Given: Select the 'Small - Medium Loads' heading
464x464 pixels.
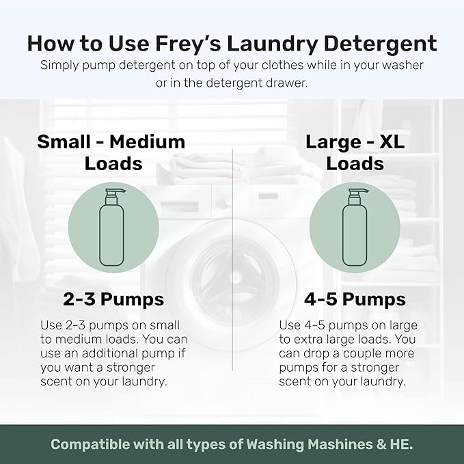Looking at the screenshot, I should click(111, 152).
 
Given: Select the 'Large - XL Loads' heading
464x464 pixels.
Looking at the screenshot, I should click(355, 152).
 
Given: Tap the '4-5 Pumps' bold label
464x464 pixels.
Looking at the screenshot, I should click(355, 299).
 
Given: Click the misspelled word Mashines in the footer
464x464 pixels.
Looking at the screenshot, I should click(318, 443).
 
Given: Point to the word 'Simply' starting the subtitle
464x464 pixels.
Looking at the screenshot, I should click(59, 66).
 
